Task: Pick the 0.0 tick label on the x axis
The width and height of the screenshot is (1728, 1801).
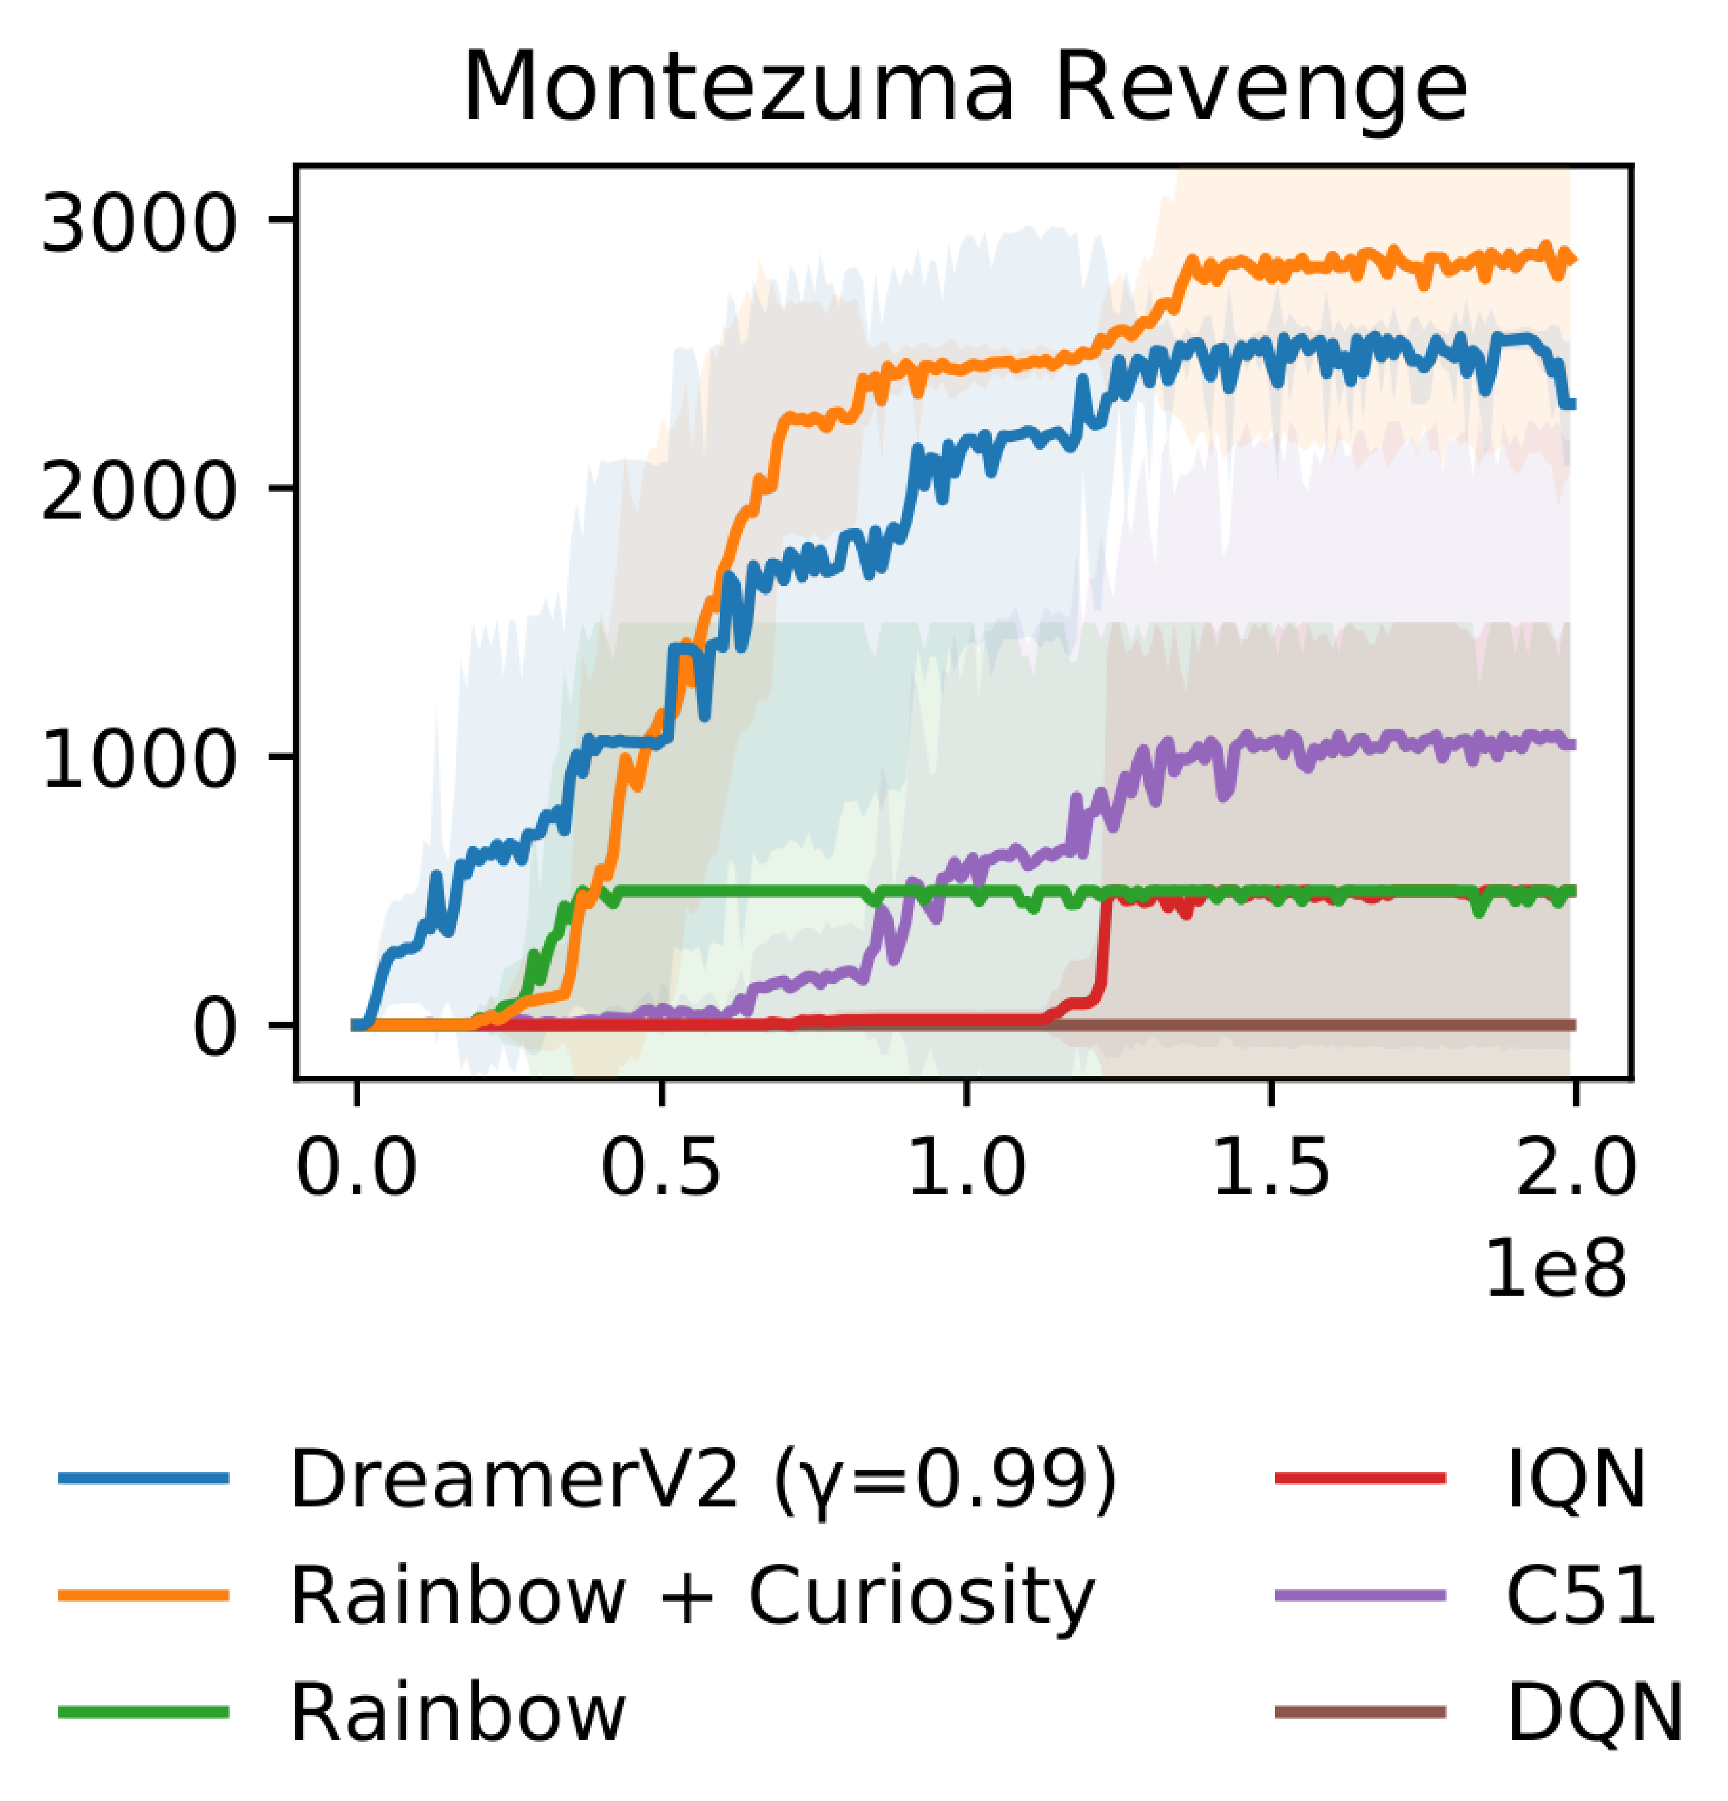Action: (356, 1170)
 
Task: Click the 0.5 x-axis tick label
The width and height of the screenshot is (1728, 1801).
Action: (661, 1170)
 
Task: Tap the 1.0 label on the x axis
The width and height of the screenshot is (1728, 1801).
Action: (966, 1170)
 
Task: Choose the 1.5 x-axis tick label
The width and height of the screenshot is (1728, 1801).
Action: (1271, 1170)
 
